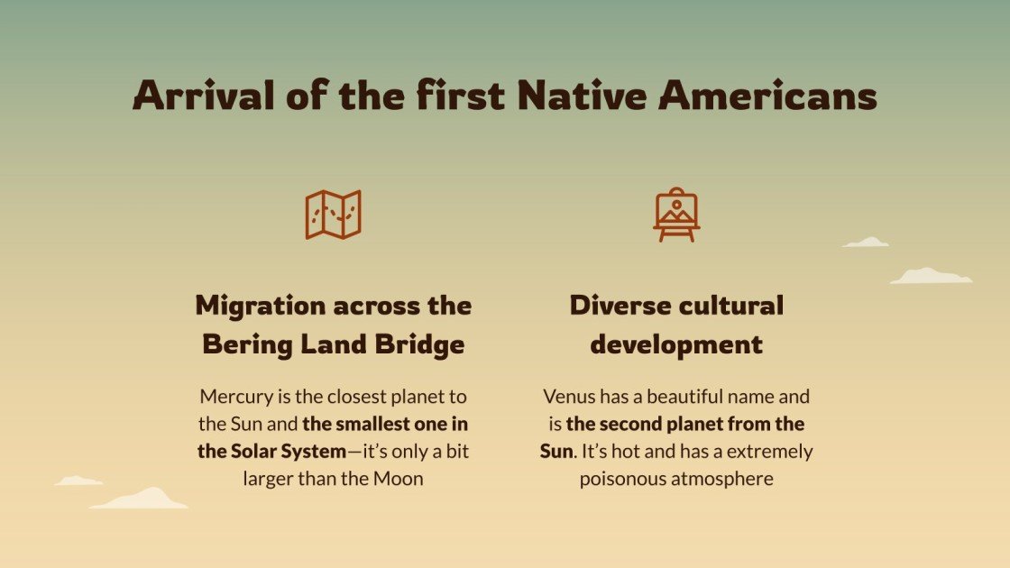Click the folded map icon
coord(333,215)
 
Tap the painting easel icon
coord(676,215)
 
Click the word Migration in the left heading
coord(262,306)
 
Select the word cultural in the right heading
coord(730,306)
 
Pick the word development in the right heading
coord(676,344)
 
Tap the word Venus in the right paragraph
coord(568,396)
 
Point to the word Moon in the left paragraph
coord(399,479)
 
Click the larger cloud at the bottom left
coord(142,499)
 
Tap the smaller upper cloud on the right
coord(866,243)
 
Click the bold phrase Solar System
coord(271,451)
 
